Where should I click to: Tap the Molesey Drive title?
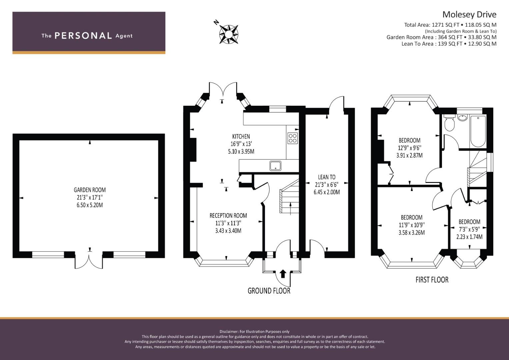coord(469,15)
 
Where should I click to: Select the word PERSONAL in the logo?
coord(83,36)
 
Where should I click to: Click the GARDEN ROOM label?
coord(90,190)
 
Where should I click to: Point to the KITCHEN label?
coord(241,136)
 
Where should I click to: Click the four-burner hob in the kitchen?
coord(293,138)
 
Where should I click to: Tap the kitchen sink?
coord(275,166)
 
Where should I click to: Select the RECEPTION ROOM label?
coord(228,215)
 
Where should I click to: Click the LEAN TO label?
coord(327,177)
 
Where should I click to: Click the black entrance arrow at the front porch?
coord(283,274)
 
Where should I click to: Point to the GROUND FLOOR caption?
coord(269,291)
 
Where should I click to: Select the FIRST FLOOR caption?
coord(432,280)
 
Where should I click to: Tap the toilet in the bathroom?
coord(449,123)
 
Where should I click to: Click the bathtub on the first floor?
coord(478,131)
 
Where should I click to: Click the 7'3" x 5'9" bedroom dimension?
coord(469,229)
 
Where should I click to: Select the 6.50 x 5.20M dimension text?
coord(90,205)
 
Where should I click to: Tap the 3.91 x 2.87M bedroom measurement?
coord(409,155)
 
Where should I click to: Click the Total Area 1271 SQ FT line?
coord(450,25)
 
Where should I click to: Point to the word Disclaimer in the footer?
coord(229,332)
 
